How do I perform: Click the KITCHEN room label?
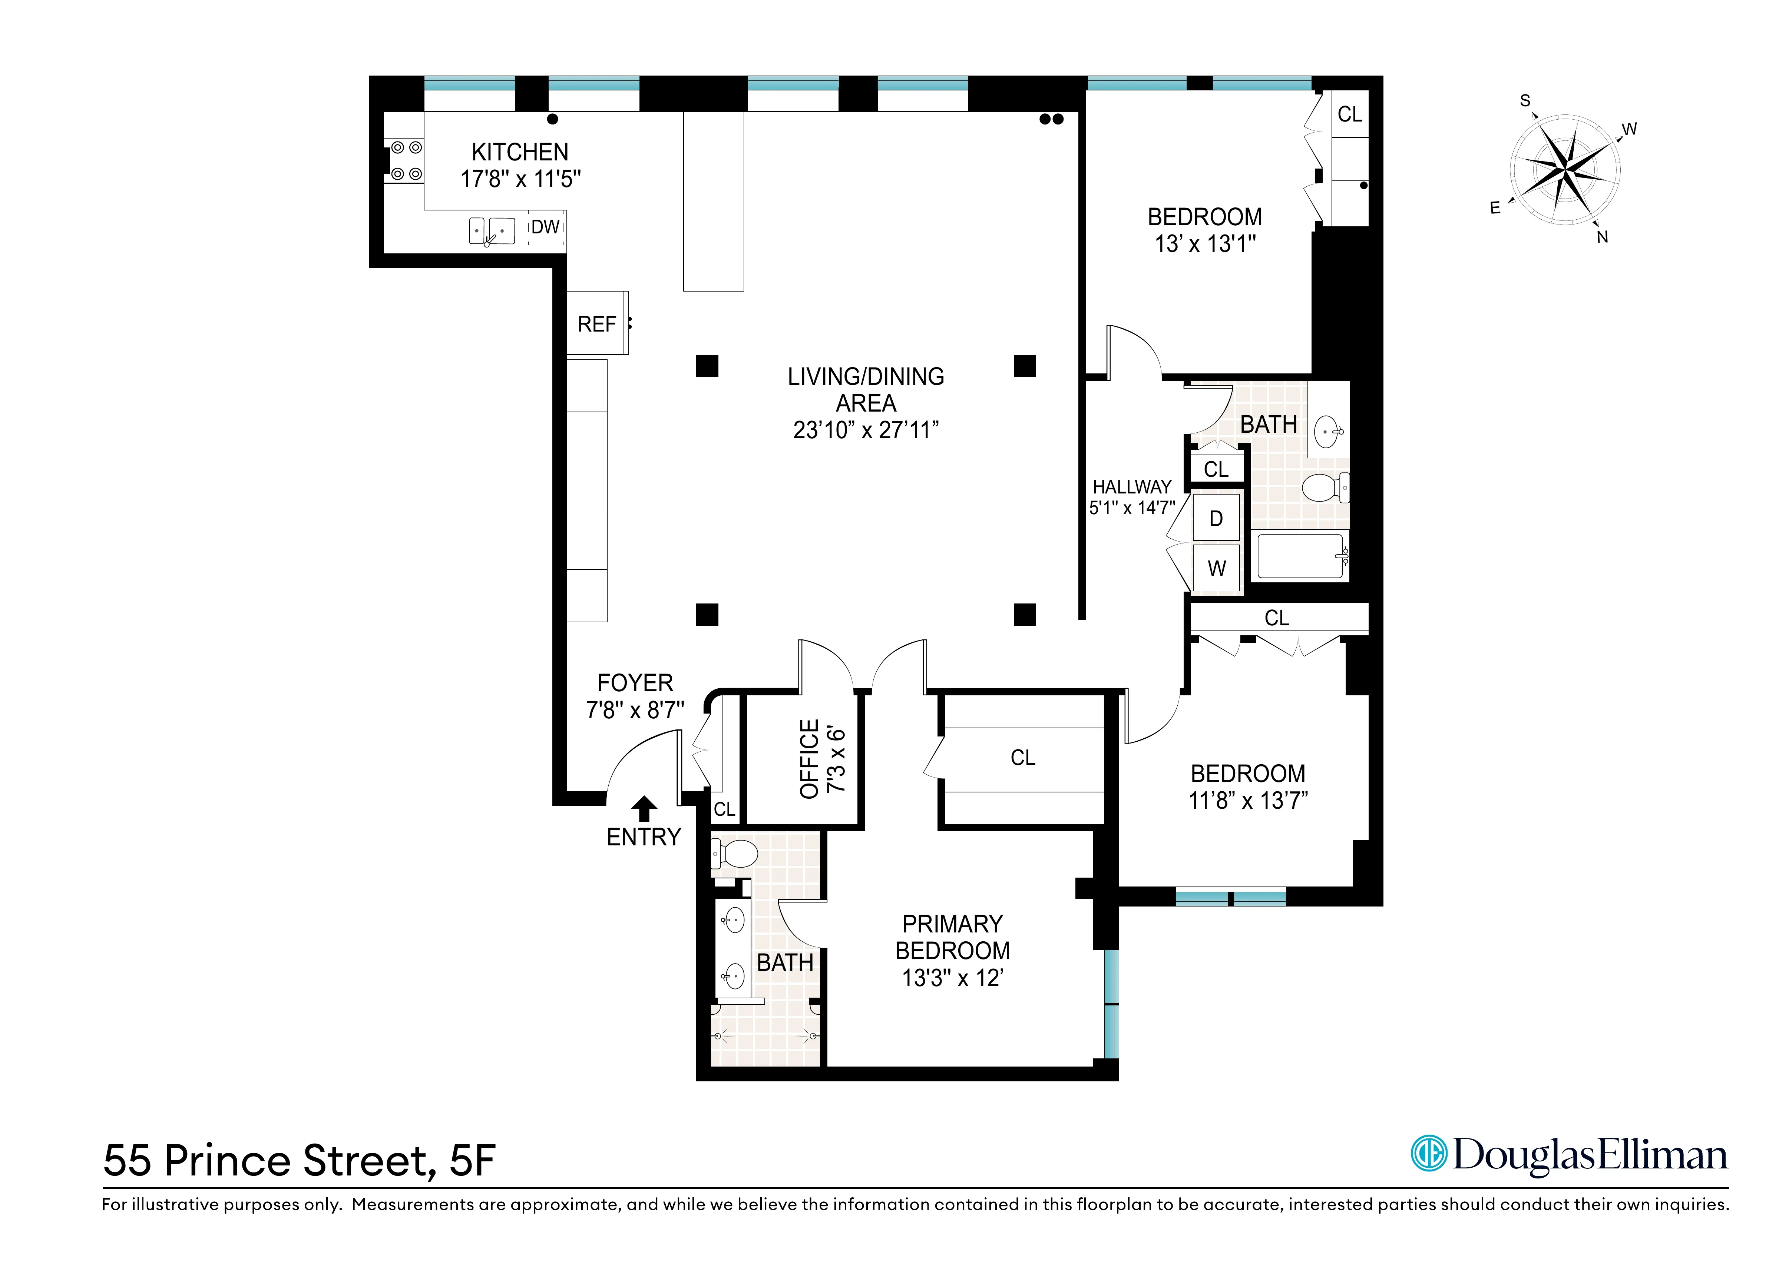[520, 152]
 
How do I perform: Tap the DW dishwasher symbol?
[545, 227]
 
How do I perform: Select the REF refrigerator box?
[597, 324]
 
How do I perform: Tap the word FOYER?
[635, 683]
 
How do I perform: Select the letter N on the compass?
[1602, 237]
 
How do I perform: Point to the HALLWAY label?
[1131, 487]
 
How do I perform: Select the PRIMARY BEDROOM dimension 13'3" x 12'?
[952, 978]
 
